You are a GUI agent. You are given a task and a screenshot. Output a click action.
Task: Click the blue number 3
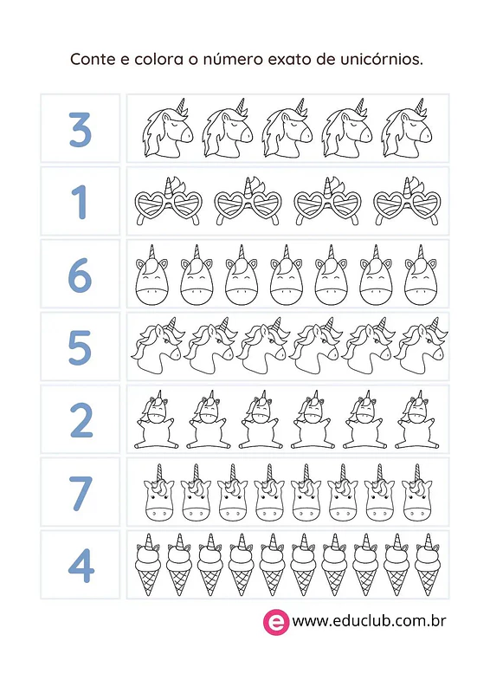[80, 129]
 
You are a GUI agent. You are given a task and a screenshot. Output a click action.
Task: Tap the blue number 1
[80, 202]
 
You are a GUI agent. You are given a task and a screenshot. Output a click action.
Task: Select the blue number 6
[80, 275]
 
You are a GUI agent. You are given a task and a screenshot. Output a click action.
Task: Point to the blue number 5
[80, 347]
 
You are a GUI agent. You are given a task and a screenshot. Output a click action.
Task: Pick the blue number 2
[81, 420]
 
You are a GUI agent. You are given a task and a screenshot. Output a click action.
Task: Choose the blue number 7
[81, 493]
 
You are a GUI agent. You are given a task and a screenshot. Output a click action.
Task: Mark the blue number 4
[81, 566]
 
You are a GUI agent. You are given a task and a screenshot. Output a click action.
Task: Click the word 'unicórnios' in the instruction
[381, 59]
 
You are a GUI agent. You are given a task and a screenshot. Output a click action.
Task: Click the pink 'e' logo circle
[276, 621]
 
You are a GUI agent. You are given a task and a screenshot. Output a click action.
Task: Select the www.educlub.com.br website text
[369, 621]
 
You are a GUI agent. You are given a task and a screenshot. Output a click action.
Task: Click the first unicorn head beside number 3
[168, 128]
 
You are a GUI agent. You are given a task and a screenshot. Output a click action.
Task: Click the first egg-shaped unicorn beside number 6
[152, 275]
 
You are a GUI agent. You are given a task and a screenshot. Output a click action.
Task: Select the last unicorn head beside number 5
[420, 346]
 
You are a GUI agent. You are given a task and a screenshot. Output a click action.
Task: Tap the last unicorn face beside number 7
[416, 493]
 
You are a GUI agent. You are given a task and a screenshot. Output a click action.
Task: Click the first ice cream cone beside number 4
[148, 565]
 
